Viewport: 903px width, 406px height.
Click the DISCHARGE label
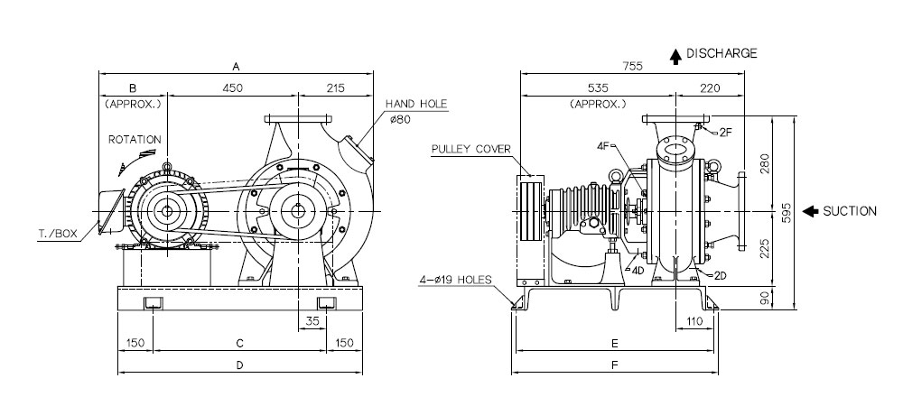coord(721,53)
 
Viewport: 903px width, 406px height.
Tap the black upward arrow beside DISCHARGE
coord(676,57)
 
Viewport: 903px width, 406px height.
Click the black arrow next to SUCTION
coord(810,212)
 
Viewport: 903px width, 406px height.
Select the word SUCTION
coord(850,212)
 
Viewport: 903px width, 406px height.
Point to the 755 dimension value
coord(632,66)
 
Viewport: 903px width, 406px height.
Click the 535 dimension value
coord(598,88)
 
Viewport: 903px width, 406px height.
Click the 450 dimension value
coord(233,88)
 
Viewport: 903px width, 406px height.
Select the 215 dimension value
coord(335,88)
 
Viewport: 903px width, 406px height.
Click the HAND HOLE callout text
coord(415,104)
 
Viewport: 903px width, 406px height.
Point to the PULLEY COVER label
coord(471,149)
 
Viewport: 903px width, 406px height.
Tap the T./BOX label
coord(58,234)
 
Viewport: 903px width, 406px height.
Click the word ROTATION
coord(135,140)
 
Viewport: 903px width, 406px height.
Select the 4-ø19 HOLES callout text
coord(455,280)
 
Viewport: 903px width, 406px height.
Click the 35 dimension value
coord(312,321)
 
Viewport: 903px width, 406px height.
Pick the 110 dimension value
coord(695,321)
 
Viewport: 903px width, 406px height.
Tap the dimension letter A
coord(236,67)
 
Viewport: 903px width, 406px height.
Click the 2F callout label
coord(726,133)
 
